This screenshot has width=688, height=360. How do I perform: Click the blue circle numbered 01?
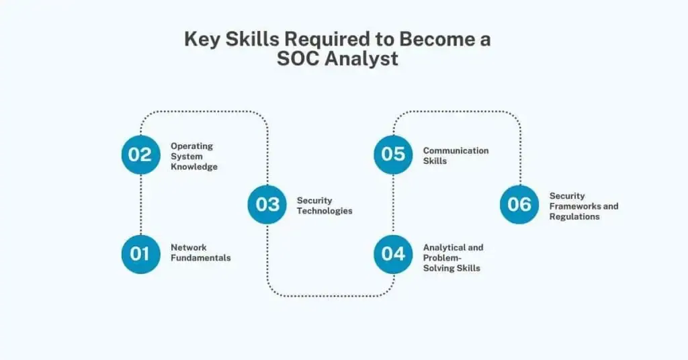[x=141, y=255]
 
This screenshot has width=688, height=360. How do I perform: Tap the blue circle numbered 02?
[x=141, y=154]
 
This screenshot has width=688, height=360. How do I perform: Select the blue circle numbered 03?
[x=267, y=204]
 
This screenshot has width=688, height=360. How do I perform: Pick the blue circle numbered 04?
[x=393, y=255]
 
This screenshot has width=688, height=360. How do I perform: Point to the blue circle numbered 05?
[x=393, y=154]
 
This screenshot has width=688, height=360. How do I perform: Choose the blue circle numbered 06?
[x=519, y=204]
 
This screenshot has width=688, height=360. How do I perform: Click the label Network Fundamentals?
[x=200, y=253]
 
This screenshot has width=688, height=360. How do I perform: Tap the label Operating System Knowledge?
[x=194, y=156]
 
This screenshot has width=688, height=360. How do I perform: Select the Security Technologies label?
[x=325, y=206]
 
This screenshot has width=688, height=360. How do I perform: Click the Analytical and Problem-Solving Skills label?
[x=454, y=258]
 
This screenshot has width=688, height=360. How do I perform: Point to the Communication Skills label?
[x=456, y=156]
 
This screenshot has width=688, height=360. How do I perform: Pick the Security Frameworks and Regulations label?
[x=584, y=206]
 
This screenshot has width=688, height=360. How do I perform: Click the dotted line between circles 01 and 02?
[x=141, y=204]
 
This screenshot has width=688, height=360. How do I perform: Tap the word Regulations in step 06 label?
[x=574, y=217]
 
